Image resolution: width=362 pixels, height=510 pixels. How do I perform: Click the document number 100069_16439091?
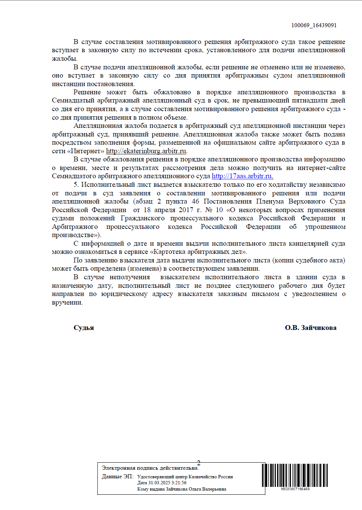pos(314,25)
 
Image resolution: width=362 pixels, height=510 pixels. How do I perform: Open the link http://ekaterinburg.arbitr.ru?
pos(146,151)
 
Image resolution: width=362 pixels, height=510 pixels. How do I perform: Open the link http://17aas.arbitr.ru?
pos(242,176)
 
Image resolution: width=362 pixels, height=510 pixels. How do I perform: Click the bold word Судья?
pos(84,328)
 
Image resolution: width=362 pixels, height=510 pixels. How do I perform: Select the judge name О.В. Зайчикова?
pos(310,328)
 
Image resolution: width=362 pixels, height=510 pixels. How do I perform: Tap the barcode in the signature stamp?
pos(294,475)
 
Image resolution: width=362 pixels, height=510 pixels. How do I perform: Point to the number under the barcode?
pos(295,489)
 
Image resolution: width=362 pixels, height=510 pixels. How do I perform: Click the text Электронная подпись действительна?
pos(150,468)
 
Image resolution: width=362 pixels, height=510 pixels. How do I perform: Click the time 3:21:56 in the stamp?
pos(179,483)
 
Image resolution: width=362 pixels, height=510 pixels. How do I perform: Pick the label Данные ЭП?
pos(118,476)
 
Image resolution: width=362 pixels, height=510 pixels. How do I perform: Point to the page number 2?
pos(199,463)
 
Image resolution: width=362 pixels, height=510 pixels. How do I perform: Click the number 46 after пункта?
pos(195,201)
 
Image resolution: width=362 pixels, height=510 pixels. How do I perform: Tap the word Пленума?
pos(270,201)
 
